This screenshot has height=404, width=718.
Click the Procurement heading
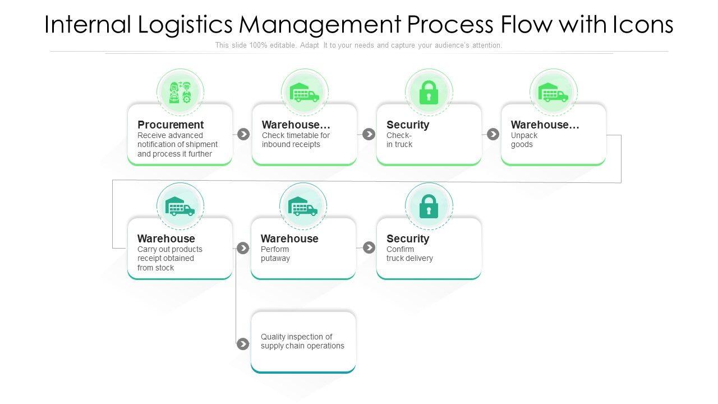tap(171, 125)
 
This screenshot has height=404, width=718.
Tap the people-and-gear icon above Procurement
tap(180, 92)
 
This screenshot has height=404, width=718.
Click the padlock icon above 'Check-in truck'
tap(429, 93)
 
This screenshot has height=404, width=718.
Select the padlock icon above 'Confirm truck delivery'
tap(429, 206)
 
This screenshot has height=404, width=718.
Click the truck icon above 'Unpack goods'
tap(553, 93)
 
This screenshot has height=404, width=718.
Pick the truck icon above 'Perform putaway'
tap(303, 206)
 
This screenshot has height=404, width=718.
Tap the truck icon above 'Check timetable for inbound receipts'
tap(305, 93)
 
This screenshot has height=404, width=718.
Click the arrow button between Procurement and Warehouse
tap(243, 134)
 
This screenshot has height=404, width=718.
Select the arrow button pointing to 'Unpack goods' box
tap(493, 134)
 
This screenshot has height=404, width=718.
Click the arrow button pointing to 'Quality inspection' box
tap(243, 344)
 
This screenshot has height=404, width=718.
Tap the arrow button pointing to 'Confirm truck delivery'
tap(369, 247)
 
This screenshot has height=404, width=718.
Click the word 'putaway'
tap(275, 259)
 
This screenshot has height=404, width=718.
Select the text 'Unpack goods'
tap(524, 140)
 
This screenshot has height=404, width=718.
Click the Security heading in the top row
tap(408, 125)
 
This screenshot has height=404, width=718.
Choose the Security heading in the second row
tap(408, 238)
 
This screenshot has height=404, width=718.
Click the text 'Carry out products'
tap(170, 249)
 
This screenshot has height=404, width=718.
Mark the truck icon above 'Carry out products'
tap(180, 206)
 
